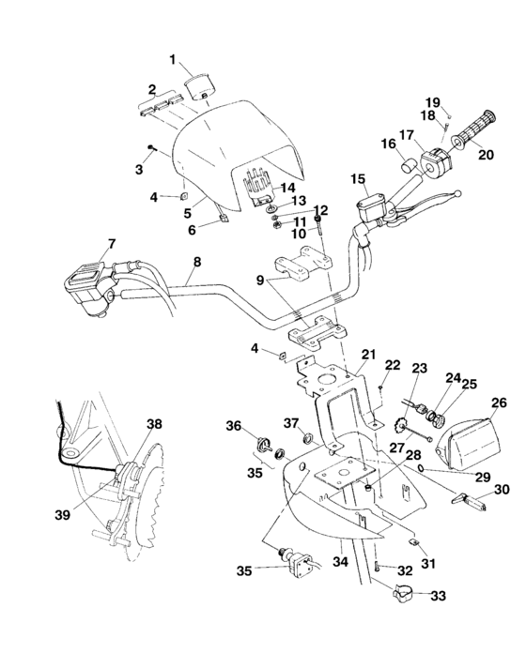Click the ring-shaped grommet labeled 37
point(308,436)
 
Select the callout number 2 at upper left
point(149,89)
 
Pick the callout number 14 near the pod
point(290,188)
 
